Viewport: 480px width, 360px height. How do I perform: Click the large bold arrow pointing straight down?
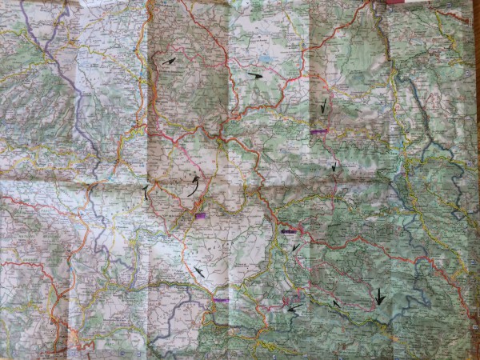379,297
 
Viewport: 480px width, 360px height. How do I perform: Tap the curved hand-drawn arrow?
193,186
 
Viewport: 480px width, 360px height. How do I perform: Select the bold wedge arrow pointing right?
255,75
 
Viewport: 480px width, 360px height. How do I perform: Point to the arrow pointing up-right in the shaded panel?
169,60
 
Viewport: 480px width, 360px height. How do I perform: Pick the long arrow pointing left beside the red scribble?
294,306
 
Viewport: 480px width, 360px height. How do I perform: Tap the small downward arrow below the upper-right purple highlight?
334,167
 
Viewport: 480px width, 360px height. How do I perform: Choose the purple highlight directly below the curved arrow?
199,215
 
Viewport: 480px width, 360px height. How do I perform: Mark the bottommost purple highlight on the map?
221,301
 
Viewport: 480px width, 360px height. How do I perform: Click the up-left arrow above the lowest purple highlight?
197,272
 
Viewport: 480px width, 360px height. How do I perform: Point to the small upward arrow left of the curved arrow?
146,190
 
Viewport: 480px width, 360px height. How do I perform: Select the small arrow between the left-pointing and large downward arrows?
336,303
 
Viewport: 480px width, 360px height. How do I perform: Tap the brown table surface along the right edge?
477,80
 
